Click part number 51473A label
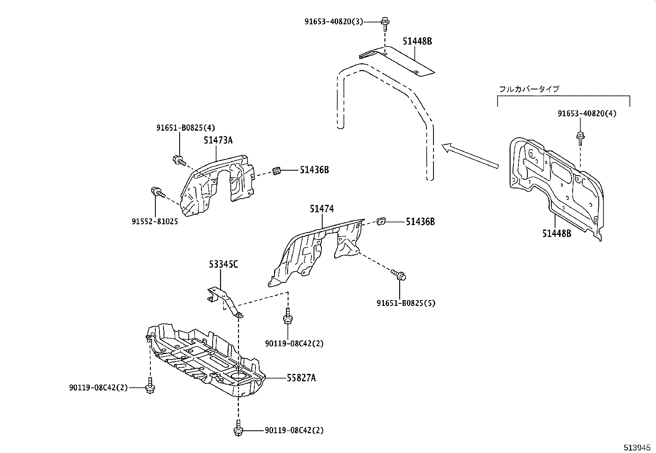[x=218, y=141]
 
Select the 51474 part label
[x=322, y=209]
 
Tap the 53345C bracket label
[x=223, y=264]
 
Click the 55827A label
[x=301, y=378]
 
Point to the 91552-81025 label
[x=155, y=222]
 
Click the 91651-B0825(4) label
[x=185, y=128]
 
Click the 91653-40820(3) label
[x=334, y=22]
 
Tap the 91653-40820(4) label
[x=587, y=113]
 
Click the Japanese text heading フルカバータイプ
[x=529, y=89]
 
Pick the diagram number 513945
[x=638, y=447]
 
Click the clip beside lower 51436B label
[x=381, y=221]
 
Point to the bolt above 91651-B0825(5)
[x=399, y=275]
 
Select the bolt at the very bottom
[x=238, y=429]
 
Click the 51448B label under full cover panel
[x=556, y=234]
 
